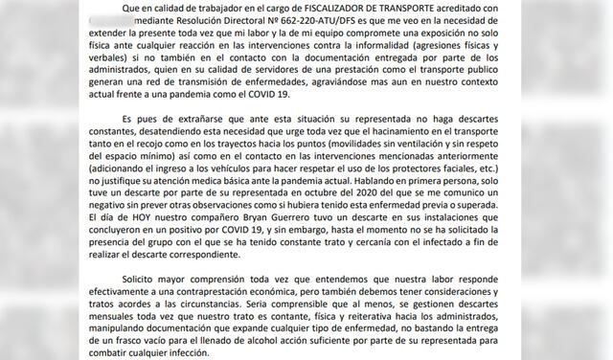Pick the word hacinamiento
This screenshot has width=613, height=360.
click(452, 140)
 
